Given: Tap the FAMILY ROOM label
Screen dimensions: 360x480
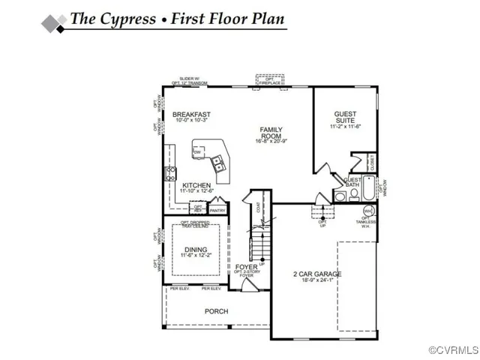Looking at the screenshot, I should [271, 132].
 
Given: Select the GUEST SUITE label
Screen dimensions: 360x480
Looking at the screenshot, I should [345, 117].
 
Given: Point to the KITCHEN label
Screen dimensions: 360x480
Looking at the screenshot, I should [196, 185].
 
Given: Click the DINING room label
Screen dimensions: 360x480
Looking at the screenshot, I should [196, 249].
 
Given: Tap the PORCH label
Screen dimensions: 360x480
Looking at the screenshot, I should [216, 311].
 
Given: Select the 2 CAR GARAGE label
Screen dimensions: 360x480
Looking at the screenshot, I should [316, 274].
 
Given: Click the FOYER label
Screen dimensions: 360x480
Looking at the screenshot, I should [246, 267].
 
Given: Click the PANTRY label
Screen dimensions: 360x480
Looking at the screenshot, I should [217, 211].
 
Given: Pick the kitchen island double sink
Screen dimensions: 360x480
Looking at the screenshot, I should [218, 159].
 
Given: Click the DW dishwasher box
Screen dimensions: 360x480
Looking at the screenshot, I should [197, 152].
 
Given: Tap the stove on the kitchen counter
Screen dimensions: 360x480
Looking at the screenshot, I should [171, 175].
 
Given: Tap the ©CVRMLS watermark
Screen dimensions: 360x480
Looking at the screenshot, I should [453, 350].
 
